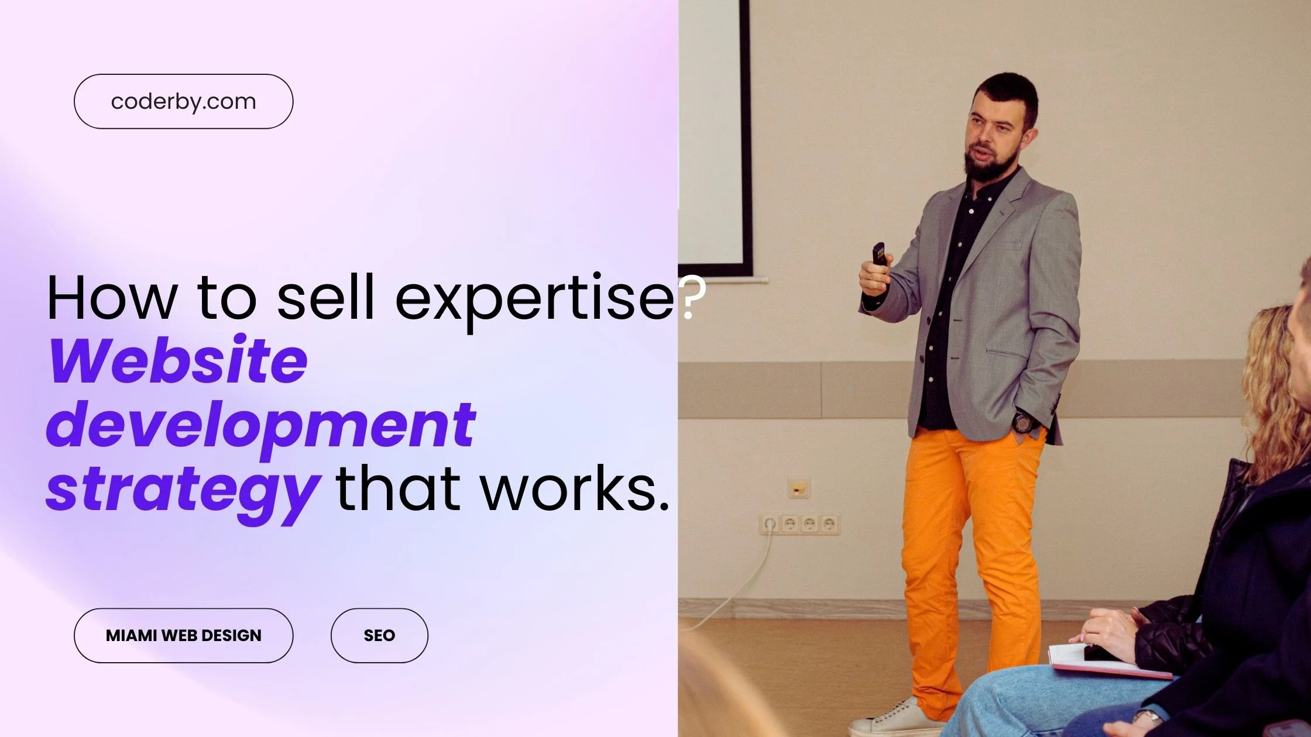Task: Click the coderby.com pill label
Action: click(x=183, y=101)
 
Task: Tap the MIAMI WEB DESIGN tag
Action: click(x=183, y=635)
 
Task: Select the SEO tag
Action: click(x=379, y=635)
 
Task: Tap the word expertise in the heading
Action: click(x=534, y=298)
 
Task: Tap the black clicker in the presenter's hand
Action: click(x=878, y=255)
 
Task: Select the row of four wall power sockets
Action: click(x=799, y=524)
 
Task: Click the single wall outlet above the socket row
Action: click(x=798, y=487)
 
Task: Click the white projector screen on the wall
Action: click(x=711, y=135)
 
